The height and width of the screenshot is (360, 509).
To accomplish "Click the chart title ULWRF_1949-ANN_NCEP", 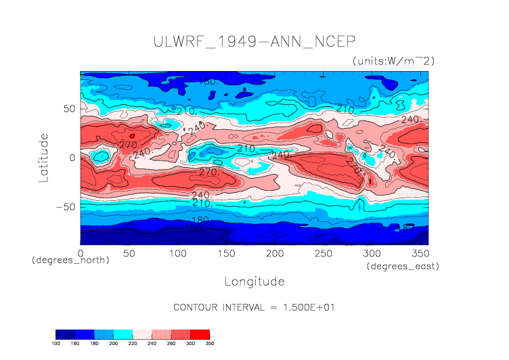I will (254, 41).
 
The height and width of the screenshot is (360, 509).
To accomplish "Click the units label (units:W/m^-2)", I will (393, 61).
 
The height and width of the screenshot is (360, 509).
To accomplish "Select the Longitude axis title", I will (254, 280).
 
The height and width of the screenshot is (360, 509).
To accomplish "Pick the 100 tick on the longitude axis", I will (177, 252).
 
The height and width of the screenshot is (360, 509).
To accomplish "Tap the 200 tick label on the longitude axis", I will (274, 252).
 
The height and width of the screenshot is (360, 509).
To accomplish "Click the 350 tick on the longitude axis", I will (420, 252).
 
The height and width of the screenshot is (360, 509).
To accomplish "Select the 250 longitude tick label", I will (323, 252).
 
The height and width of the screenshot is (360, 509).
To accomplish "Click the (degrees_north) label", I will (70, 260).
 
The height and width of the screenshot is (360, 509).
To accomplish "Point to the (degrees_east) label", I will (403, 267).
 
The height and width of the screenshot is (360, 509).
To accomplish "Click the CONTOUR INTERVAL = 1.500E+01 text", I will (254, 307).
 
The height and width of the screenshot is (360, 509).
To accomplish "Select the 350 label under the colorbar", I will (209, 344).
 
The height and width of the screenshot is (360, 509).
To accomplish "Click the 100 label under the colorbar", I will (56, 344).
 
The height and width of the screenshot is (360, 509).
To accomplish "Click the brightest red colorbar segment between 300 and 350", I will (200, 334).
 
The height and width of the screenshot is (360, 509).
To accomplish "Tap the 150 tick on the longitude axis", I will (225, 252).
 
